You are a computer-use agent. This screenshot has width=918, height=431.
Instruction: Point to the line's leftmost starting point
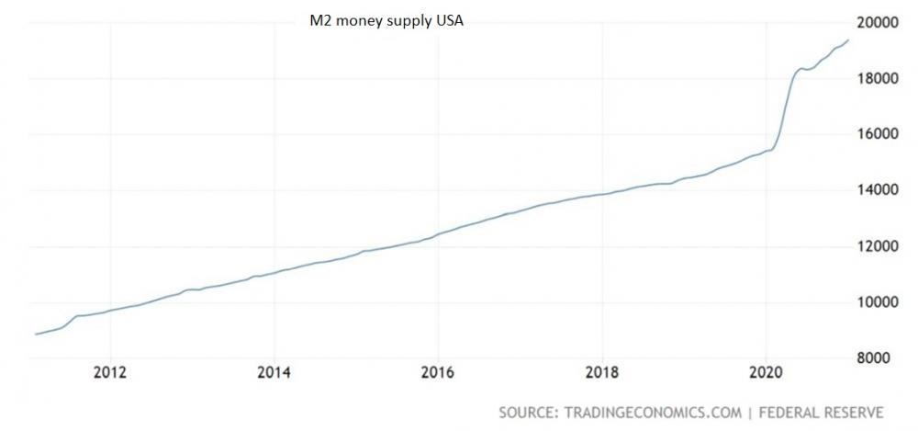pos(36,334)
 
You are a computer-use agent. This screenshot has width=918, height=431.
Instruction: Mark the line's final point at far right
pos(848,40)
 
